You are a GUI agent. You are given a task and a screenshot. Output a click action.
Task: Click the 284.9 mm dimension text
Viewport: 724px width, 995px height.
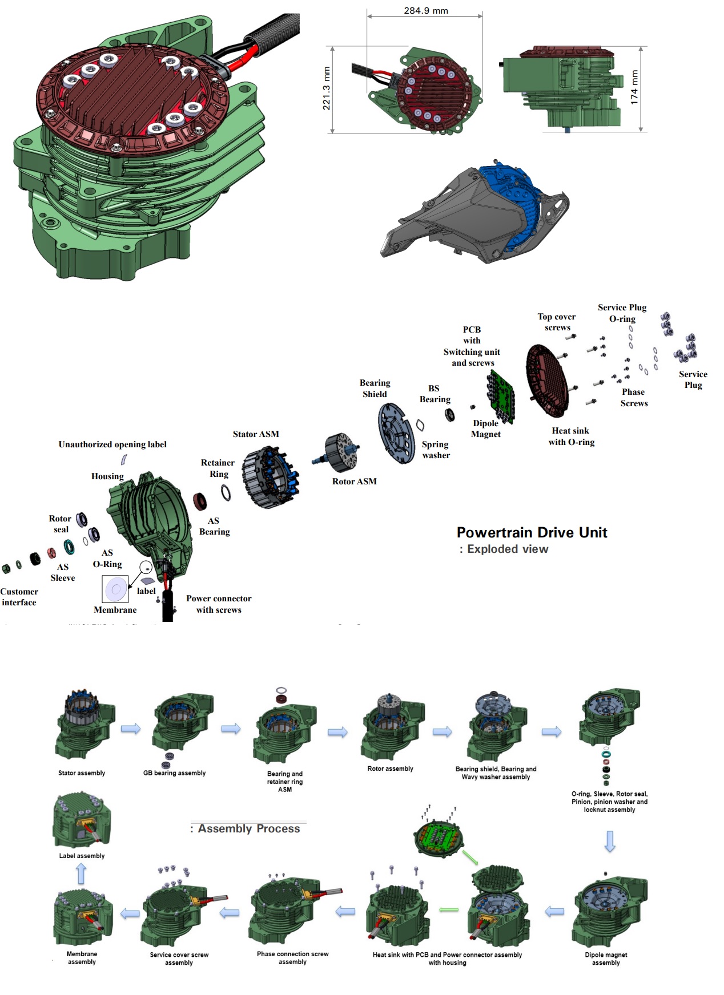(425, 10)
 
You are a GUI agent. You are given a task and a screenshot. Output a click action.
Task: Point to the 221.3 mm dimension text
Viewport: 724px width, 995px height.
(327, 88)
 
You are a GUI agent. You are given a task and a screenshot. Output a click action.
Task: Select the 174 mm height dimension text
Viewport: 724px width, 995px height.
(634, 87)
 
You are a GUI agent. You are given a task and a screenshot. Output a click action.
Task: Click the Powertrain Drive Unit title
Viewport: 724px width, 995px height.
(532, 532)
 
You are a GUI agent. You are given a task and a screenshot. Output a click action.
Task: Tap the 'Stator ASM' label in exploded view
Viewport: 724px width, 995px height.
(256, 434)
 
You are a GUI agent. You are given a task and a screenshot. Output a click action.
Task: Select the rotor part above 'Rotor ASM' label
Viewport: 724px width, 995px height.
(341, 452)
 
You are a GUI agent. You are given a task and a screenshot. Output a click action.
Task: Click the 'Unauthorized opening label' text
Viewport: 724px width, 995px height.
(112, 444)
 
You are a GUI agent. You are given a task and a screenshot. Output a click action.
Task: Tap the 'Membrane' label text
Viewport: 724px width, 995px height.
(115, 610)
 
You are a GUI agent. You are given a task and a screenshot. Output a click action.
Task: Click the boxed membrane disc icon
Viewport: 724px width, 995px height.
(115, 589)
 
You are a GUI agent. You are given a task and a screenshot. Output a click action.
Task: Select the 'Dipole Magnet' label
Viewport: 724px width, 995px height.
(485, 428)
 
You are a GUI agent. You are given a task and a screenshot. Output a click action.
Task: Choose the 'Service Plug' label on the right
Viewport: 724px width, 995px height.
(693, 379)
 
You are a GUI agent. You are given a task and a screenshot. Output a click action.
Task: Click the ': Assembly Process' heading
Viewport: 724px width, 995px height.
(245, 828)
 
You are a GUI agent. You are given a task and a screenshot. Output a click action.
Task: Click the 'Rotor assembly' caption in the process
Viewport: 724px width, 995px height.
(390, 769)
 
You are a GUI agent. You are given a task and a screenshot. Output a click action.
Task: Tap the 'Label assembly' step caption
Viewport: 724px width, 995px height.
(82, 856)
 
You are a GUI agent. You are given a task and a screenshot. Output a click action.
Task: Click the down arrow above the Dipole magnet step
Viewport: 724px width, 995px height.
(610, 841)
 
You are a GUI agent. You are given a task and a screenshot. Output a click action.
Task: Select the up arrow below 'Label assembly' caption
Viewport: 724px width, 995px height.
(81, 873)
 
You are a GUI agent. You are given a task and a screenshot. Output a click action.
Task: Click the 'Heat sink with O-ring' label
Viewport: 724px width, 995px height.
(571, 436)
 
